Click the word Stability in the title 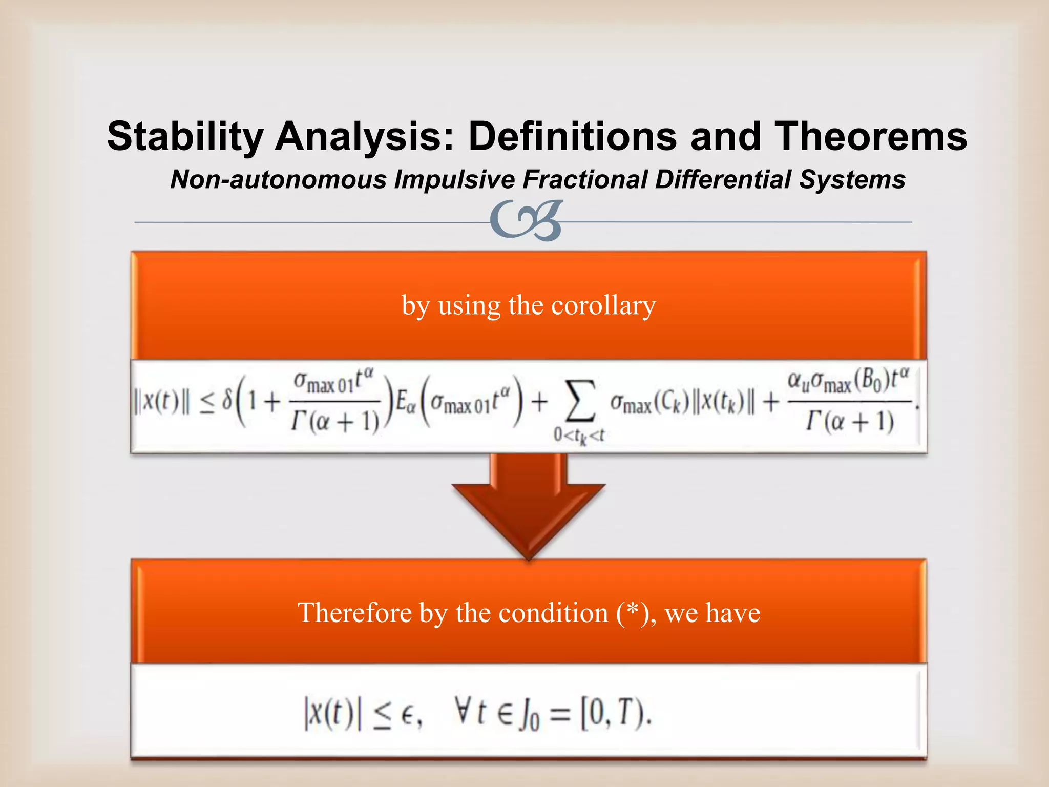185,136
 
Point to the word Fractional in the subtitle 586,179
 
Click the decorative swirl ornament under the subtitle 526,220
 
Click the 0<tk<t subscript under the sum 579,436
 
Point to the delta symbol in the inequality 226,402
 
